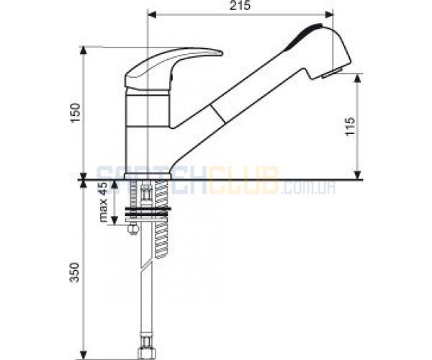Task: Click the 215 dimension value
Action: click(x=240, y=5)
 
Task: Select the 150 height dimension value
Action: click(x=75, y=113)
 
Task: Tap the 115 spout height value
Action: click(x=350, y=126)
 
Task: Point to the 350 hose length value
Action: click(x=75, y=272)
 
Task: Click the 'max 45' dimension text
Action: click(x=104, y=202)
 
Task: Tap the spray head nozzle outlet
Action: click(x=332, y=73)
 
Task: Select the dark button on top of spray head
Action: click(x=305, y=36)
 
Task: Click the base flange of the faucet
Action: click(x=148, y=176)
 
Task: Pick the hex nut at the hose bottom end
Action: click(x=146, y=352)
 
